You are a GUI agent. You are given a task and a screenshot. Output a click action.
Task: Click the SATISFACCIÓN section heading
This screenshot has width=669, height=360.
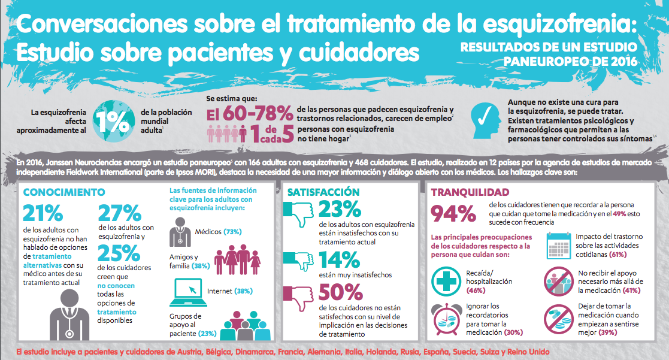click(323, 192)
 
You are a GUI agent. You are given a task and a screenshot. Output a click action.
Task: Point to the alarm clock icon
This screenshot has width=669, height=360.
click(446, 318)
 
